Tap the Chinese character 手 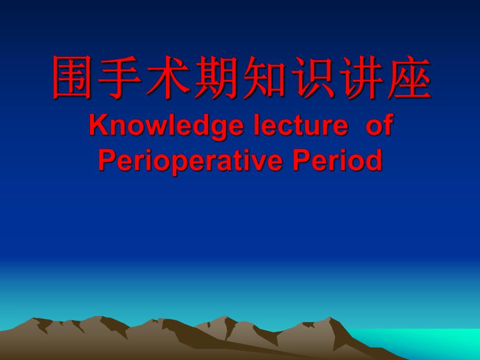[x=122, y=79]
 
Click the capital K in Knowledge [x=97, y=126]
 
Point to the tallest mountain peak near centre [x=224, y=319]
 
